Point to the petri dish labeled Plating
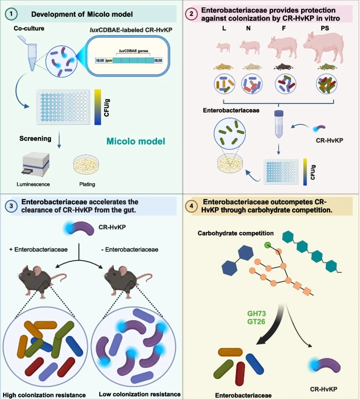pyautogui.click(x=87, y=164)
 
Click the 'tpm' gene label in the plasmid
pyautogui.click(x=109, y=60)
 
